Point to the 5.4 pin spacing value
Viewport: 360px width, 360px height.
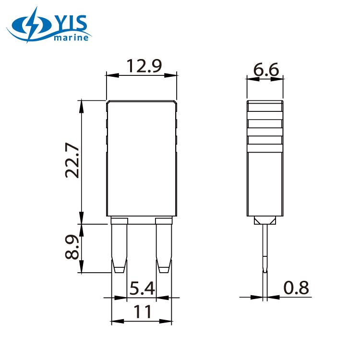click(x=142, y=288)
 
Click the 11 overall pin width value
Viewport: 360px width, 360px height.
click(x=142, y=312)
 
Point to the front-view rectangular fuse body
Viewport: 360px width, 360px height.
click(x=142, y=158)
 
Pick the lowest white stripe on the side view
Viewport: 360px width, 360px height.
click(x=264, y=140)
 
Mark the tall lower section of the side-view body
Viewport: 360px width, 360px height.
click(x=264, y=182)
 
